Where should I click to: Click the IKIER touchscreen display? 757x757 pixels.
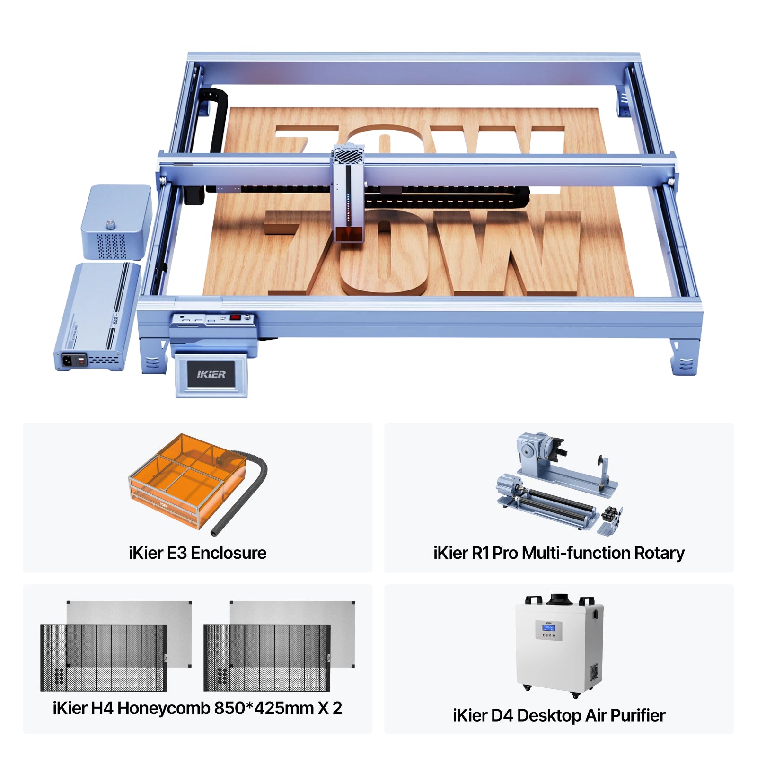pyautogui.click(x=211, y=374)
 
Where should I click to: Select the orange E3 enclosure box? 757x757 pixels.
pyautogui.click(x=187, y=480)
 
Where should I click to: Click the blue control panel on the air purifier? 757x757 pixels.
pyautogui.click(x=548, y=631)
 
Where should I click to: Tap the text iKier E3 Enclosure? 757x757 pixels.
pyautogui.click(x=197, y=553)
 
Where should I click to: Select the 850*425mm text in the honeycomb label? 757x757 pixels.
pyautogui.click(x=264, y=708)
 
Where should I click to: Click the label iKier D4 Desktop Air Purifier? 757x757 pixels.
pyautogui.click(x=559, y=715)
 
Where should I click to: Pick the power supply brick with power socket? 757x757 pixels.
pyautogui.click(x=97, y=317)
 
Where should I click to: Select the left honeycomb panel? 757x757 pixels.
pyautogui.click(x=104, y=658)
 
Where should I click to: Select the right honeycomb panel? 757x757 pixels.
pyautogui.click(x=267, y=658)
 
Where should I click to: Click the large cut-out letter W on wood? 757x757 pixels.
pyautogui.click(x=506, y=251)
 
